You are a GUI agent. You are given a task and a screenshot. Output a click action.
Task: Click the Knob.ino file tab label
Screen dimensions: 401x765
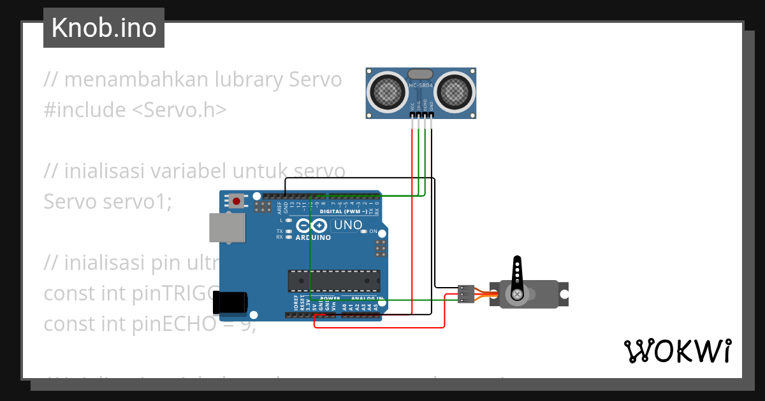104,28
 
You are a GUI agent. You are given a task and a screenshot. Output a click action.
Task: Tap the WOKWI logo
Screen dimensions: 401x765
677,351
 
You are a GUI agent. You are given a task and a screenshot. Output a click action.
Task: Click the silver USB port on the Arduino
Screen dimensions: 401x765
228,228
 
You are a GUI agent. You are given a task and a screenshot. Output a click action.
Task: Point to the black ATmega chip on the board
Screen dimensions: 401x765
333,281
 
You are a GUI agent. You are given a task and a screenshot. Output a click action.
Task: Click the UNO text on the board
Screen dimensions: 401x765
348,225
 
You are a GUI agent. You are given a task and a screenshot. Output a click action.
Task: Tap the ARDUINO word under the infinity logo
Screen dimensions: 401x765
313,238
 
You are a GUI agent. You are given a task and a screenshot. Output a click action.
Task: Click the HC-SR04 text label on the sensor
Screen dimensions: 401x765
421,86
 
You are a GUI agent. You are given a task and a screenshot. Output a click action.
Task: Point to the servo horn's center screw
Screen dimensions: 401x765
517,294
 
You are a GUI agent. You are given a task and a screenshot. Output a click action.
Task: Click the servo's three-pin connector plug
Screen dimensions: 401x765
467,293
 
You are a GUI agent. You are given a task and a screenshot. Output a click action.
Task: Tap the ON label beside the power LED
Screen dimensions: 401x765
374,231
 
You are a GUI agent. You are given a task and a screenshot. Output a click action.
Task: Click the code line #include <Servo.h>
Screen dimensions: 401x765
135,110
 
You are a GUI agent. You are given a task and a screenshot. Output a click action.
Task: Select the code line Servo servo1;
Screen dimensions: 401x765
108,202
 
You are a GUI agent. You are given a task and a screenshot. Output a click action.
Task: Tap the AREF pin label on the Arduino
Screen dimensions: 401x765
279,208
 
